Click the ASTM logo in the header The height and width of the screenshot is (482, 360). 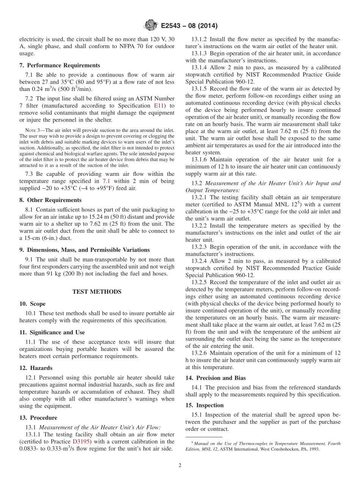tap(152, 26)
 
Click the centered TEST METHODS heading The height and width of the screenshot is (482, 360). tap(97, 291)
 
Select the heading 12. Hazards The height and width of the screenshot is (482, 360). tap(36, 368)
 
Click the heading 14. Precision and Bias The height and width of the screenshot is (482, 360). tap(216, 378)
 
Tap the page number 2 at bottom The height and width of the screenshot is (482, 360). tap(180, 466)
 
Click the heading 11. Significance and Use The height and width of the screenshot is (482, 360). tap(52, 332)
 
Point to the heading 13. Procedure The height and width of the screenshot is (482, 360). tap(38, 418)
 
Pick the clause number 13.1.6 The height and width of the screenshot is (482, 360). tap(200, 160)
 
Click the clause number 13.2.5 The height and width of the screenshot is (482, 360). tap(200, 282)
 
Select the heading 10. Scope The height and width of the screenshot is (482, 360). tap(32, 304)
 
